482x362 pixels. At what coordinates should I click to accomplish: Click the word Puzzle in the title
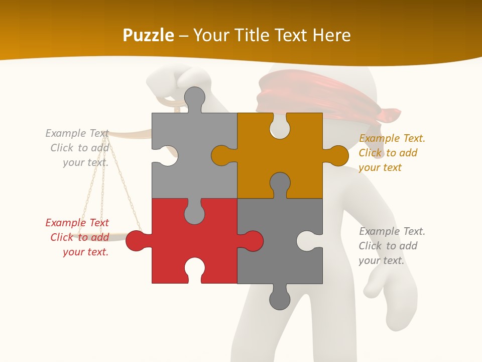(x=149, y=35)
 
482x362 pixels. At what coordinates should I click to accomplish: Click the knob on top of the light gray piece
(x=194, y=98)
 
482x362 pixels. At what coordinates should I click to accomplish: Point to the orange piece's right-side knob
(x=337, y=155)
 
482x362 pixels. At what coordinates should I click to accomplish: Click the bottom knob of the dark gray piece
(x=280, y=299)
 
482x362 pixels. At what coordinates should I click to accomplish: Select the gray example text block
(x=78, y=148)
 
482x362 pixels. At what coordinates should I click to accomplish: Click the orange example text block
(x=391, y=153)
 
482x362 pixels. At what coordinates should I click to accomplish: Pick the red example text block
(x=78, y=237)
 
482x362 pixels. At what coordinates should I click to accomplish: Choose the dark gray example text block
(x=391, y=246)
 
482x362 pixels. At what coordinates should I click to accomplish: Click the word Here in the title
(x=331, y=35)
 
